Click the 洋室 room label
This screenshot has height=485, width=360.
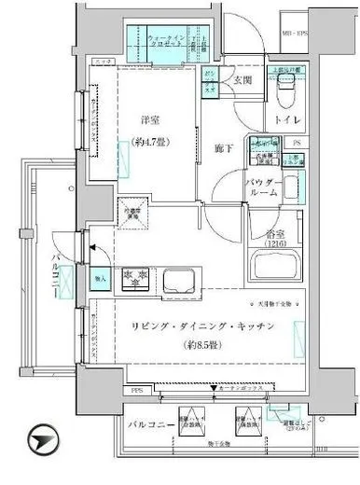pyautogui.click(x=150, y=120)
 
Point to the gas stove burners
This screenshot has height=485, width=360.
pyautogui.click(x=139, y=277)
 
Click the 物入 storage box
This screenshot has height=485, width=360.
pyautogui.click(x=102, y=276)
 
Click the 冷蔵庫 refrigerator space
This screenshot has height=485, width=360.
pyautogui.click(x=129, y=213)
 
